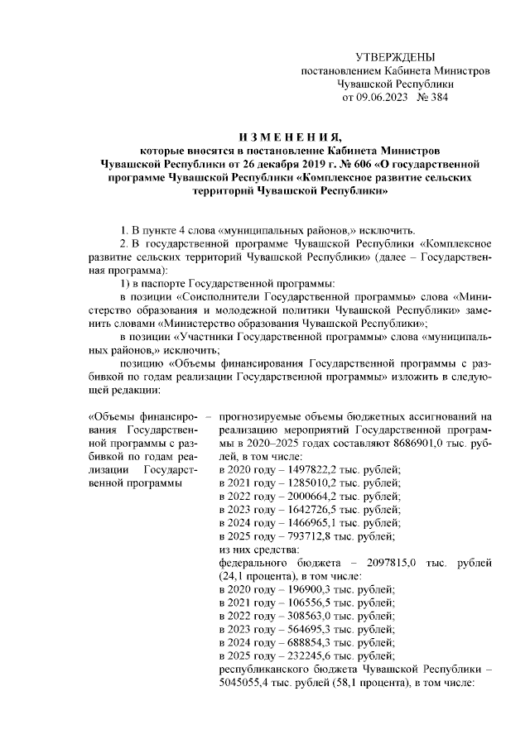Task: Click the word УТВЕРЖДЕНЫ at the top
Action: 394,57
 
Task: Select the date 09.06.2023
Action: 383,97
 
